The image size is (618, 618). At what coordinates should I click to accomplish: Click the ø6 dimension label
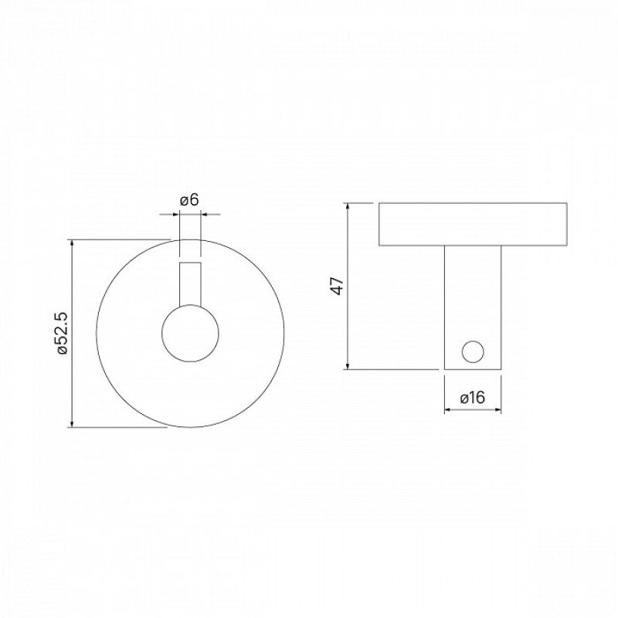coord(189,200)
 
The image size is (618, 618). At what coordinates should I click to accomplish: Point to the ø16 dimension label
coord(472,398)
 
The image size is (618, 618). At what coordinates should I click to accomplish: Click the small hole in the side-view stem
coord(471,352)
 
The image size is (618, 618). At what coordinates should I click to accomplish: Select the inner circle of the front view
coord(190,333)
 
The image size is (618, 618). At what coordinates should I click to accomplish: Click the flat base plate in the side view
coord(473,225)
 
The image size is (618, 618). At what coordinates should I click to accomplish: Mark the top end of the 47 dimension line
coord(349,204)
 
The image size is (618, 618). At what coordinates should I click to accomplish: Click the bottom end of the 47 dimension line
coord(349,369)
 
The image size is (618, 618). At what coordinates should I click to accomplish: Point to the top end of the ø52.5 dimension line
coord(72,240)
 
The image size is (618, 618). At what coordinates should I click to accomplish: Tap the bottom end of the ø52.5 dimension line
coord(72,426)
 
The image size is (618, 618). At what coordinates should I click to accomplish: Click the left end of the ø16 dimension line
coord(445,409)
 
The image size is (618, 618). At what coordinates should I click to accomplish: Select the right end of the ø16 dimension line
coord(501,409)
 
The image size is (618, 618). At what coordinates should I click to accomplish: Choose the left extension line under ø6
coord(179,236)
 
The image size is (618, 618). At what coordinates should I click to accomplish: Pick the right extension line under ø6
coord(201,236)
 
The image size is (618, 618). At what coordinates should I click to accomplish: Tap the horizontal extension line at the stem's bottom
coord(394,369)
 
